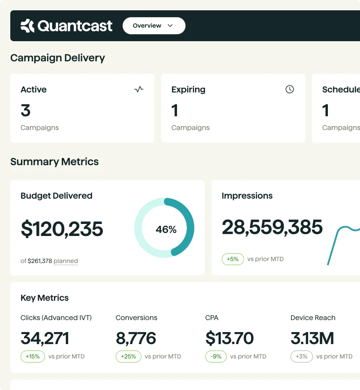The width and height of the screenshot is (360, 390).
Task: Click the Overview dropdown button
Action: [x=153, y=26]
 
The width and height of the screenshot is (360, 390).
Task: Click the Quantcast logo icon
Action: [x=27, y=26]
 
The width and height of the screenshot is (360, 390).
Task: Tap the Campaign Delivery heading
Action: [x=57, y=58]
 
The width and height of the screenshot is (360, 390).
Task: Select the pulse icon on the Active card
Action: [x=139, y=89]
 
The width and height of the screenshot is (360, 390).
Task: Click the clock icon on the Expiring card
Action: [x=290, y=89]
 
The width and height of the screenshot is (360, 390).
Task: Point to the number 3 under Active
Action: [x=26, y=111]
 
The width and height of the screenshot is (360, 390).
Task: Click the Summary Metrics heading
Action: [x=54, y=162]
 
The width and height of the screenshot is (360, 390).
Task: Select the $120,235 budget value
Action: [x=62, y=229]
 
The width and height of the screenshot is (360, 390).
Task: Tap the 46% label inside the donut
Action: [x=166, y=230]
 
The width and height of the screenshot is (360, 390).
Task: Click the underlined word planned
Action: [x=66, y=261]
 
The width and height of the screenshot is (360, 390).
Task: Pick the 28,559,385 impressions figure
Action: [x=272, y=227]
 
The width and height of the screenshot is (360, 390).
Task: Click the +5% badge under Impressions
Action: [x=232, y=259]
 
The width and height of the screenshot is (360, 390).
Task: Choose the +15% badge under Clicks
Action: [x=33, y=357]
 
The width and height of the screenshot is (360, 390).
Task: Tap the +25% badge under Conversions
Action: [x=128, y=357]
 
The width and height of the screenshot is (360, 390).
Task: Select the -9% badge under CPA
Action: [x=216, y=357]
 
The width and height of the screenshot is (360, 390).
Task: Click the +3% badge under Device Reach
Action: [x=302, y=357]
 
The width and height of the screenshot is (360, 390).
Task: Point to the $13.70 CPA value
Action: [x=229, y=339]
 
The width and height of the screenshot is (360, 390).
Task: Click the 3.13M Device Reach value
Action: [x=312, y=339]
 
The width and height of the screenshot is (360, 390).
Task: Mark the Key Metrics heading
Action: [x=45, y=298]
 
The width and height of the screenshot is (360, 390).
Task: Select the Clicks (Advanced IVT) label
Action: [x=56, y=318]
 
